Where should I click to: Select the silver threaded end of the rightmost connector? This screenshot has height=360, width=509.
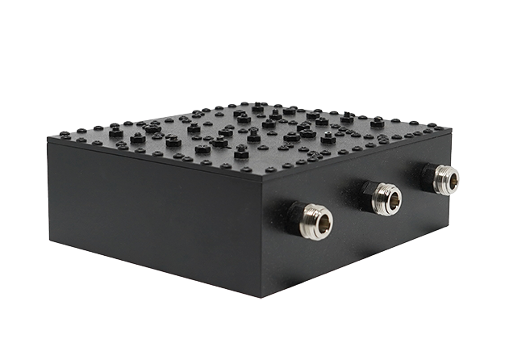pyautogui.click(x=446, y=179)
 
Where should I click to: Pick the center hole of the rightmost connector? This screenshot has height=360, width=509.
pyautogui.click(x=449, y=180)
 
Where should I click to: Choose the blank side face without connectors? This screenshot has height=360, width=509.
pyautogui.click(x=153, y=214)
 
